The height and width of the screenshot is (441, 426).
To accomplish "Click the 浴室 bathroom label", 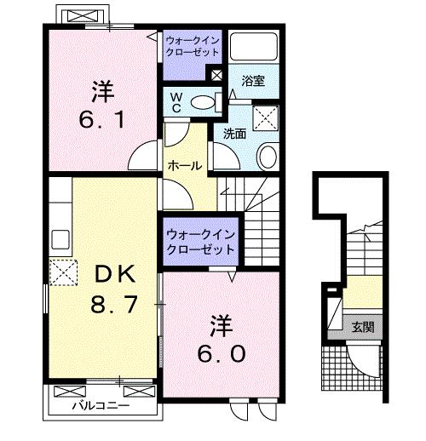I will pos(253,82).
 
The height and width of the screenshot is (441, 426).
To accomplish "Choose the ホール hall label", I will pos(184,166).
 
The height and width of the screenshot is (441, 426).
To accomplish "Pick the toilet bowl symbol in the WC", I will pos(203,103).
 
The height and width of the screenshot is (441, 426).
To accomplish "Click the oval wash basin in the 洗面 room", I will pos(267,157).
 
